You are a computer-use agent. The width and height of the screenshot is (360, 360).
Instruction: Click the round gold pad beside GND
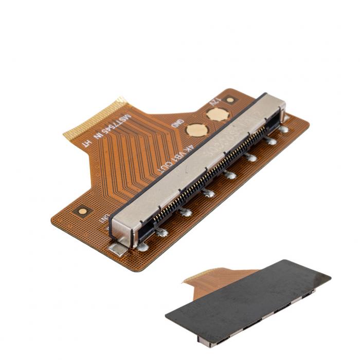[x=194, y=130]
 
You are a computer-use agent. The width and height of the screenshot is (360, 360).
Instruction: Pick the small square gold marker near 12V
[x=230, y=99]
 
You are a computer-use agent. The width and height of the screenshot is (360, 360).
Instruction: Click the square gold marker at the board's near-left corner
[x=81, y=210]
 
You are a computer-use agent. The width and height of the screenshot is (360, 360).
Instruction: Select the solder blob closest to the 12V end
[x=283, y=129]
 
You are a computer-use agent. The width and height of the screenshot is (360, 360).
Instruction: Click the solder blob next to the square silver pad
[x=142, y=247]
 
